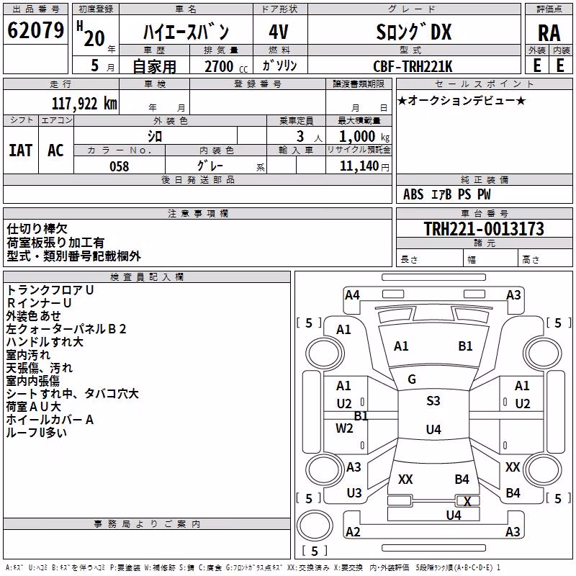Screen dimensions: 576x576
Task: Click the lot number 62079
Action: tap(35, 30)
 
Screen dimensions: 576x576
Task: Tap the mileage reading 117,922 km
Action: tap(84, 104)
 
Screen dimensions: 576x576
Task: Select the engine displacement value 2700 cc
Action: tap(226, 66)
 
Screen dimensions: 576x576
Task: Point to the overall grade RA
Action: tap(549, 33)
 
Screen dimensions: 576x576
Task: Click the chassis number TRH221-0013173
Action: tap(484, 228)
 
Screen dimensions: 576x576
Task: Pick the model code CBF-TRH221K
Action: tap(413, 66)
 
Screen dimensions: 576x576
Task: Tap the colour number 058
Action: tap(120, 166)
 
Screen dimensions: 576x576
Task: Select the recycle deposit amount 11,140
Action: tap(359, 166)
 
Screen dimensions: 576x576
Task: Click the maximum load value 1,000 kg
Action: tap(364, 137)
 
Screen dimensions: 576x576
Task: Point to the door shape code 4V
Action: tap(279, 32)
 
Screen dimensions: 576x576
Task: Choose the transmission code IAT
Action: tap(21, 150)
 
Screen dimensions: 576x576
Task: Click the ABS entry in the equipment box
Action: tap(413, 194)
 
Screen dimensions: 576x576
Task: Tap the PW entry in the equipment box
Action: tap(484, 194)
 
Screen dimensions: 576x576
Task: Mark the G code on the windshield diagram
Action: tap(412, 379)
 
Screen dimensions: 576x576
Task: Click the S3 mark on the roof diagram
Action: tap(433, 400)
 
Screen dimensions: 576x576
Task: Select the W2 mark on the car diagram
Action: tap(344, 428)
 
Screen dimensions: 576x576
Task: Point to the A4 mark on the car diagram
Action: tap(352, 295)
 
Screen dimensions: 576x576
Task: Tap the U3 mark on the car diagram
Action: tap(354, 493)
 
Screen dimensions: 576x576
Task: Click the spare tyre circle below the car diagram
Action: tap(315, 526)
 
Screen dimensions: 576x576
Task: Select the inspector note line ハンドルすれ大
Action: tap(45, 342)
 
